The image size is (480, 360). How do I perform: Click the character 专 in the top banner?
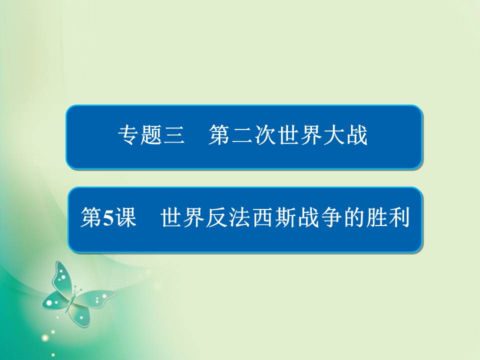click(127, 136)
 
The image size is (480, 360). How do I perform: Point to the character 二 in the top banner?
click(243, 136)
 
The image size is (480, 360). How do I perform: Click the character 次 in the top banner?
click(266, 136)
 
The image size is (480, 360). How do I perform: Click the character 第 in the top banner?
click(220, 136)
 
